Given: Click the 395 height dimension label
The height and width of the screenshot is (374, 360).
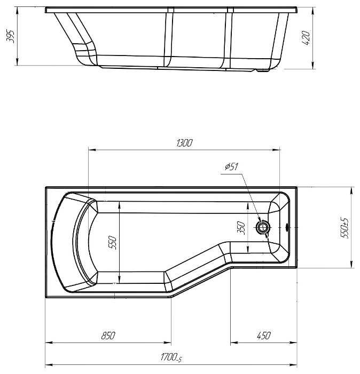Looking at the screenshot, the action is pyautogui.click(x=11, y=36).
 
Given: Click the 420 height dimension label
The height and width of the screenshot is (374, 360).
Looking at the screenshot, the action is pyautogui.click(x=306, y=38).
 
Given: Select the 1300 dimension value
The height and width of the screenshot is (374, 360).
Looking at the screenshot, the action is pyautogui.click(x=184, y=143).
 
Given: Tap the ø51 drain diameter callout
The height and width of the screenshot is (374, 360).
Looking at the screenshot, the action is pyautogui.click(x=231, y=166).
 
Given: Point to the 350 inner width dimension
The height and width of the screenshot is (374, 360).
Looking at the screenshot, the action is pyautogui.click(x=241, y=228).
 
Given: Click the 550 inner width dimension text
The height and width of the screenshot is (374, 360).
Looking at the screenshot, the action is pyautogui.click(x=112, y=243).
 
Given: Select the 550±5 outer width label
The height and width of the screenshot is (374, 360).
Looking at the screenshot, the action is pyautogui.click(x=345, y=228).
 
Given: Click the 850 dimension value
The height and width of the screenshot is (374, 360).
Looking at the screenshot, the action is pyautogui.click(x=108, y=336).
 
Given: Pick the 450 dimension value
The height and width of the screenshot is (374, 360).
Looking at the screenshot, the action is pyautogui.click(x=264, y=336).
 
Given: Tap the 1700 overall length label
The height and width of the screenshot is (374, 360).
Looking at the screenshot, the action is pyautogui.click(x=171, y=358).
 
